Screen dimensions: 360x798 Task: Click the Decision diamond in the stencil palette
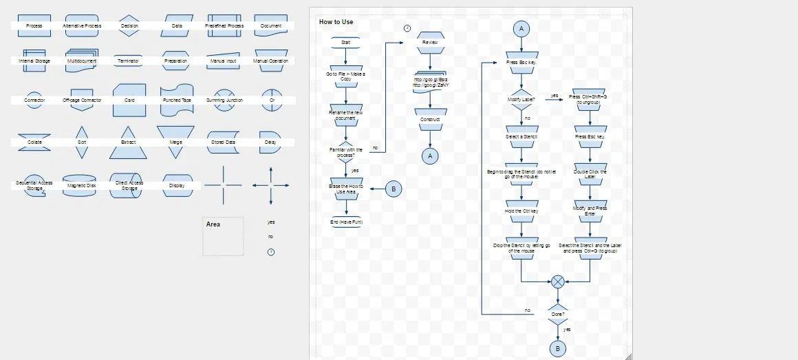[129, 25]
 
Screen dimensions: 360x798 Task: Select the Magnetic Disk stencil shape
[81, 185]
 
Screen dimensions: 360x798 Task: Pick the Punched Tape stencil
[177, 100]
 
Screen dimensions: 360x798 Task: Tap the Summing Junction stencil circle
[224, 100]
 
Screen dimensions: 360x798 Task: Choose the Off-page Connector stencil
[82, 100]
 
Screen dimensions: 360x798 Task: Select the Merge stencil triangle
[175, 140]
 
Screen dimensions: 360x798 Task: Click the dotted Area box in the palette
[223, 238]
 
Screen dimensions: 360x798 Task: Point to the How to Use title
[336, 22]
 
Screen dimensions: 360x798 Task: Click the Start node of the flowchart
[345, 43]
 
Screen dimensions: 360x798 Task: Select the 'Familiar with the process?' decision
[345, 151]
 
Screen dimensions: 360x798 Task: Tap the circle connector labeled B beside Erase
[393, 189]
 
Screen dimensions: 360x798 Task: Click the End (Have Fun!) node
[346, 222]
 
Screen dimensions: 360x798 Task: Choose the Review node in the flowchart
[430, 43]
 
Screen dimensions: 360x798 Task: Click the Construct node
[430, 119]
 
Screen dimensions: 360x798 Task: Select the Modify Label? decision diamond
[521, 100]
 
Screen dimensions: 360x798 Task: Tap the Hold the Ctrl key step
[521, 211]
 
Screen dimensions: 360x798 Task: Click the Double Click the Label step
[590, 173]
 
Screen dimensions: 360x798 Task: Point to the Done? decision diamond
[558, 314]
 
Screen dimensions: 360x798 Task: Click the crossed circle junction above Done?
[558, 282]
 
